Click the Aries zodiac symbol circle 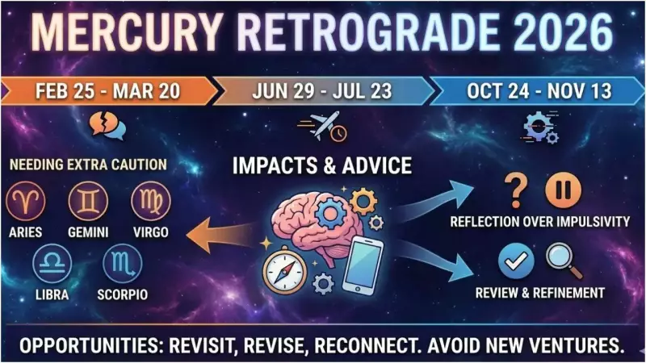click(x=27, y=201)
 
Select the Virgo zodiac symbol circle click(x=150, y=201)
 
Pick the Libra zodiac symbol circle click(x=52, y=264)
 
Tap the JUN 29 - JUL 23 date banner click(x=322, y=90)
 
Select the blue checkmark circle click(x=513, y=261)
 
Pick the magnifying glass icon click(x=559, y=260)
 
